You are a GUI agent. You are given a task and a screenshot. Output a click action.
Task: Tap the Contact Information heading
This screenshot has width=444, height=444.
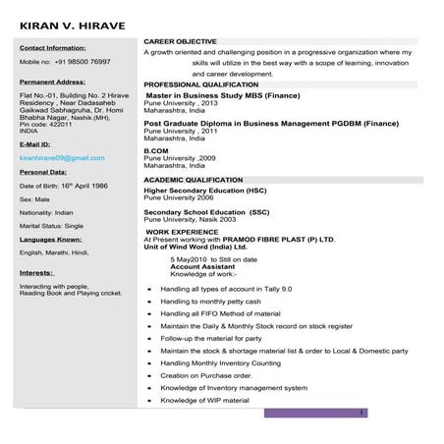click(x=52, y=47)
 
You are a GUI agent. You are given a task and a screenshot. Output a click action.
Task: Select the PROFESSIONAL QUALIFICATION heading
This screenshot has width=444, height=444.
click(x=202, y=85)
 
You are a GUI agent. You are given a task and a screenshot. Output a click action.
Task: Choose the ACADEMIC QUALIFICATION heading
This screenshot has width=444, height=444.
click(x=194, y=181)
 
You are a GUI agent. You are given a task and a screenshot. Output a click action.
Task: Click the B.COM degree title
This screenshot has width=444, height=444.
click(x=157, y=150)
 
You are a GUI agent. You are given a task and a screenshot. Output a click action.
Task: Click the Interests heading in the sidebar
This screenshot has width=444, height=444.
click(x=35, y=272)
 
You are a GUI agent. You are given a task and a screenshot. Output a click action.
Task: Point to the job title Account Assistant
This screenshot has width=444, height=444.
click(x=202, y=265)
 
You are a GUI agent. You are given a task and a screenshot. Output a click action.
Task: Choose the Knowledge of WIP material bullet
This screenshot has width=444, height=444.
click(x=205, y=400)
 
